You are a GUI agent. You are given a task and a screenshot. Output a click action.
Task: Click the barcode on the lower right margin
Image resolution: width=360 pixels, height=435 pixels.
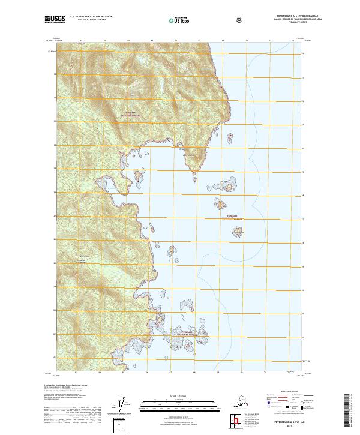coord(350,412)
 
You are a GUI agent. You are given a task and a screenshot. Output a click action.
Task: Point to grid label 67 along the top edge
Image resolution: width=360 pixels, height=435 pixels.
coord(175,41)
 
